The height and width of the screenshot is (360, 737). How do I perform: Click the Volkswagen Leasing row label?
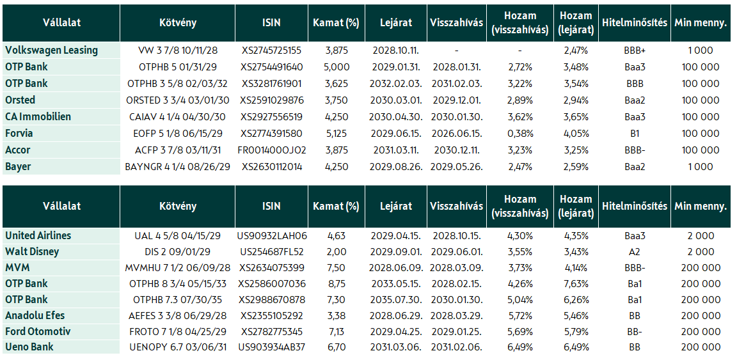point(52,51)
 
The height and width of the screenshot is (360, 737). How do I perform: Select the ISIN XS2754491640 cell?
point(272,67)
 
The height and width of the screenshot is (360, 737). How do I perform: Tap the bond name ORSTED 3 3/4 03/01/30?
point(178,100)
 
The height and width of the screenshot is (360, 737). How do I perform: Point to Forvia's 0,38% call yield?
point(520,134)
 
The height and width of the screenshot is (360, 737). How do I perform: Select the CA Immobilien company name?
point(38,116)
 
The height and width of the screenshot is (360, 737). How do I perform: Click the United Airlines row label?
point(38,235)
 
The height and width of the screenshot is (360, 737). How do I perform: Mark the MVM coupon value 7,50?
point(336,268)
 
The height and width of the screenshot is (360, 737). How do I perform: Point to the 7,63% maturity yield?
point(576,284)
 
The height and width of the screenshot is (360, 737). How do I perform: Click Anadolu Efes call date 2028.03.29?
point(456,316)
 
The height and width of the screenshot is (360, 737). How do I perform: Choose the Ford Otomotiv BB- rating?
point(635,332)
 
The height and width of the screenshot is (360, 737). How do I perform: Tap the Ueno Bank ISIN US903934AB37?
point(272,348)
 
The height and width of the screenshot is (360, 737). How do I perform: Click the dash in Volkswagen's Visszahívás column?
point(456,51)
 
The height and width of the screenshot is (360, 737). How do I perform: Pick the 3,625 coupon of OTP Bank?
point(336,84)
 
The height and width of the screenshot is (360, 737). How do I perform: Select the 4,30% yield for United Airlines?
point(520,235)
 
